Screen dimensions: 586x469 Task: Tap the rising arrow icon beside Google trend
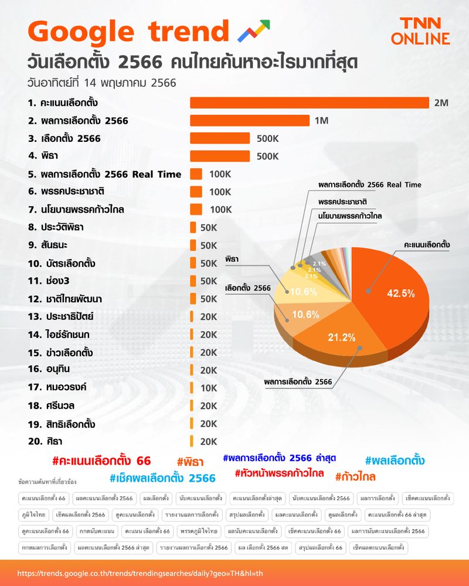(x=253, y=31)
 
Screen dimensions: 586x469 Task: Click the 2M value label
(x=441, y=103)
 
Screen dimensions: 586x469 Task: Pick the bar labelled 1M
(x=250, y=121)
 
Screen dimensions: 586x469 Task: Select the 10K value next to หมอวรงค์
(x=208, y=388)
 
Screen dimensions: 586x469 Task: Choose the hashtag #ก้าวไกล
(x=355, y=476)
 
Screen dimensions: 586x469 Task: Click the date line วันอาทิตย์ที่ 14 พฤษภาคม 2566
(x=101, y=82)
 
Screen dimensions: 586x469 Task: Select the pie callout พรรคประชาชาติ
(x=345, y=201)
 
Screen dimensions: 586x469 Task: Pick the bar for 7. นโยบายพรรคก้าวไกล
(x=196, y=210)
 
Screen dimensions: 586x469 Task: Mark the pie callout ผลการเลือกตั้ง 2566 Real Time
(x=369, y=185)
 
